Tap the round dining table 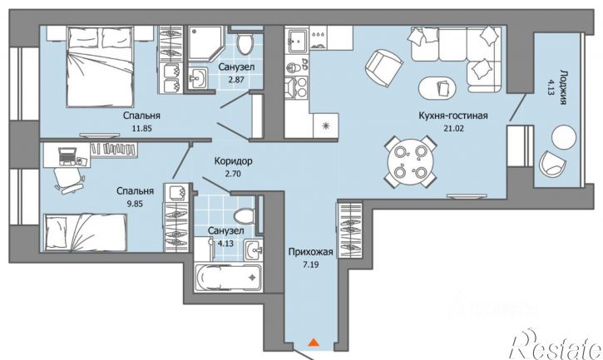(x=411, y=161)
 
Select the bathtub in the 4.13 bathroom (x=229, y=278)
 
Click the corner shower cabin (x=205, y=42)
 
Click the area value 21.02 (x=453, y=128)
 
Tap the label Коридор (x=233, y=160)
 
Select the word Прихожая (x=310, y=252)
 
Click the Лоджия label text (x=564, y=87)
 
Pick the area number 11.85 (x=142, y=129)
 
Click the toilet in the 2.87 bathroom (x=244, y=42)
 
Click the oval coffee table (x=438, y=88)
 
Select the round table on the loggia (x=564, y=137)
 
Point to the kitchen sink (x=297, y=40)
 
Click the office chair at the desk (x=69, y=180)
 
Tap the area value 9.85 (x=135, y=204)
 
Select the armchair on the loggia (x=552, y=163)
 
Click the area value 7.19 (x=310, y=264)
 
